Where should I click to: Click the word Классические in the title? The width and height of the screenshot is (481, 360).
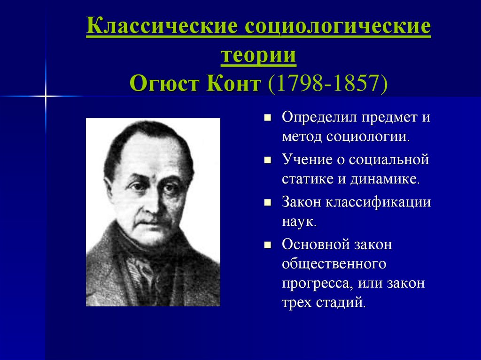click(x=162, y=26)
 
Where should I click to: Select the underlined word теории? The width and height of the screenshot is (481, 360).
click(x=258, y=55)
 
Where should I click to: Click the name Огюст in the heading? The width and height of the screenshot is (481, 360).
click(x=165, y=83)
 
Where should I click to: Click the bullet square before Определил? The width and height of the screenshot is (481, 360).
click(x=267, y=117)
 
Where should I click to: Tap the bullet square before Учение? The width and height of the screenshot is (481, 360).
click(x=267, y=160)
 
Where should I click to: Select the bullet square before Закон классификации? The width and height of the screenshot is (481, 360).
click(x=267, y=202)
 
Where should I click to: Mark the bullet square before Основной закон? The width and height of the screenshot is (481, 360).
click(x=267, y=245)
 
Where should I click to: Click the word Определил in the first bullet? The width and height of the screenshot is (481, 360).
click(x=319, y=117)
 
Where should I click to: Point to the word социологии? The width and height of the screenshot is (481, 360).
click(x=368, y=137)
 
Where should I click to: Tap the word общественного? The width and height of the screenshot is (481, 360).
click(x=334, y=264)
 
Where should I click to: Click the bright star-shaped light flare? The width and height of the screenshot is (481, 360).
click(x=46, y=97)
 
